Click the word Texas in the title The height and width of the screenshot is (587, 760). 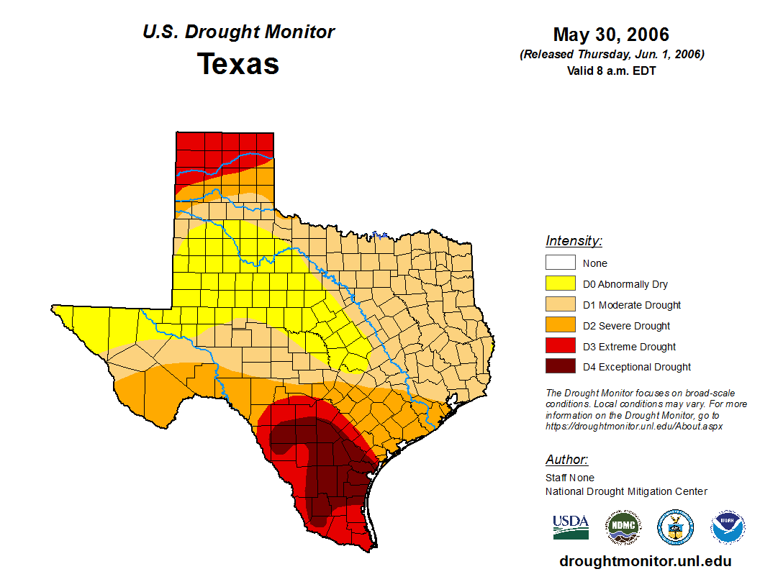pos(238,64)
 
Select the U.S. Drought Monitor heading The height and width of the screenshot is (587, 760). pos(238,32)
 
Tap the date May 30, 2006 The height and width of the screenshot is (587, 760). pos(611,35)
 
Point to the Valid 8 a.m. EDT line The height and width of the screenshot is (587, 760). pos(611,70)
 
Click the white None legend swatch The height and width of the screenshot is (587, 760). pos(560,263)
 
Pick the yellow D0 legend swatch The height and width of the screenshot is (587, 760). pos(560,284)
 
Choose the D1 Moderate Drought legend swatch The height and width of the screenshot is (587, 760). pos(560,305)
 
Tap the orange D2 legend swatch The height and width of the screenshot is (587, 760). pos(560,326)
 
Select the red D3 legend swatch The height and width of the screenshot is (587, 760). pos(560,347)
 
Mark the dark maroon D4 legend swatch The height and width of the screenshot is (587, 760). pos(560,367)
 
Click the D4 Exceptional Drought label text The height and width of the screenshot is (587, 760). pos(637,367)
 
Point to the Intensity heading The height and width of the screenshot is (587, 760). pos(574,241)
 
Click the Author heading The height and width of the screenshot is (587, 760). pos(566,460)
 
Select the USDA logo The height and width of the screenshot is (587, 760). pos(571,527)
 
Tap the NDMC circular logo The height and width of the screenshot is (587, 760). pos(623,528)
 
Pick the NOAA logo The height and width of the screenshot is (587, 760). pos(728,528)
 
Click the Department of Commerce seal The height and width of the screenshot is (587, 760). pos(675,528)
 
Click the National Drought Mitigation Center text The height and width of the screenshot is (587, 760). pos(626,491)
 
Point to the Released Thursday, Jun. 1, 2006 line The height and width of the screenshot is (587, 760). pos(611,55)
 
